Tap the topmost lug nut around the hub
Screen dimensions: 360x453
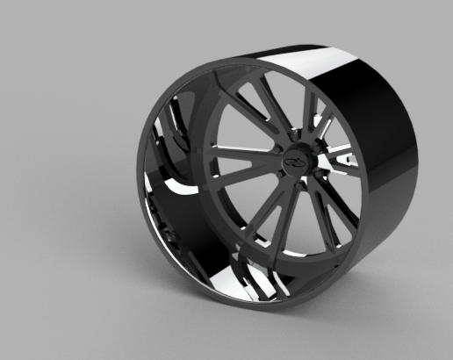pos(295,138)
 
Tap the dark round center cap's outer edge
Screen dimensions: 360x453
pos(296,146)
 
